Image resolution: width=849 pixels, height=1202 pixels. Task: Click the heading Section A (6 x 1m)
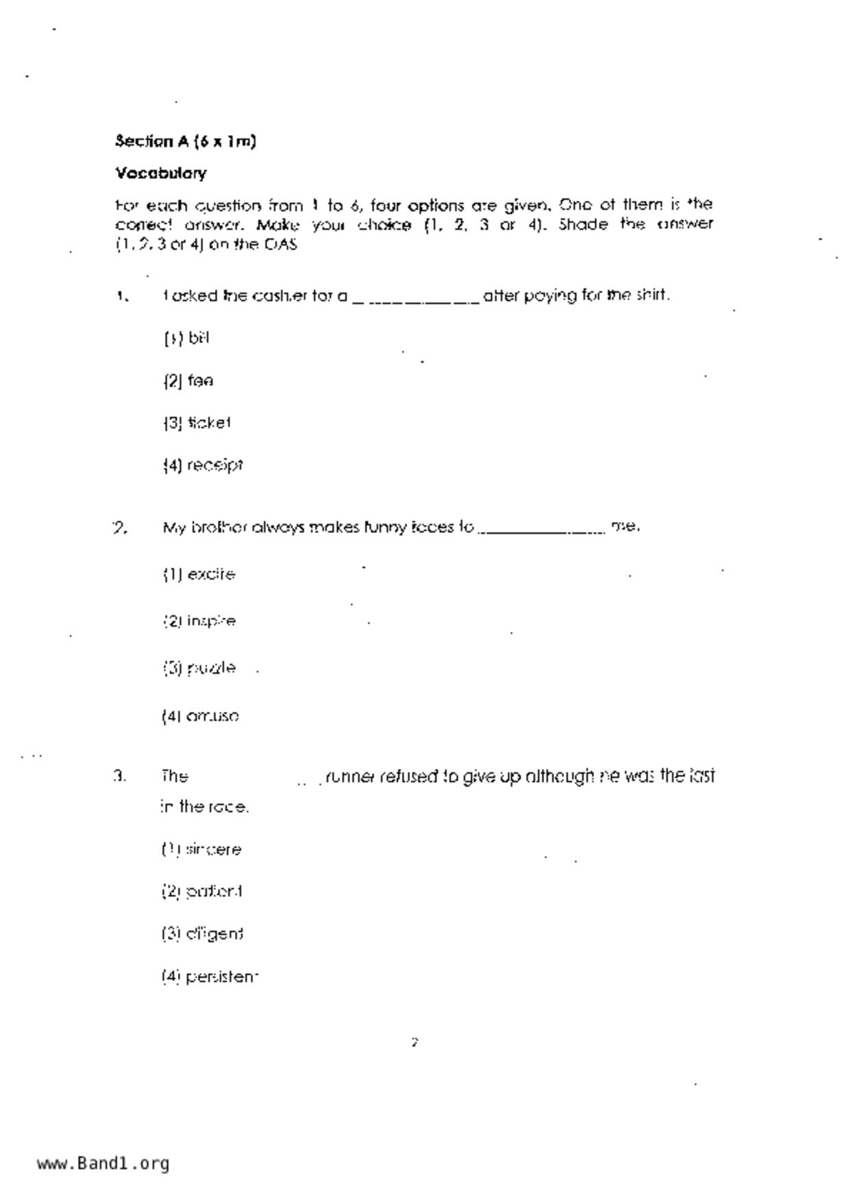[185, 142]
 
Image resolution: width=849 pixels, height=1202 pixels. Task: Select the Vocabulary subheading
[160, 173]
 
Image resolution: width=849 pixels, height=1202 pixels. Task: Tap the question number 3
[119, 776]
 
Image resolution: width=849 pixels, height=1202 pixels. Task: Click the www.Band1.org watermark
[103, 1164]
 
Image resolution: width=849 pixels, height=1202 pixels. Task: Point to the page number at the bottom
[415, 1042]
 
